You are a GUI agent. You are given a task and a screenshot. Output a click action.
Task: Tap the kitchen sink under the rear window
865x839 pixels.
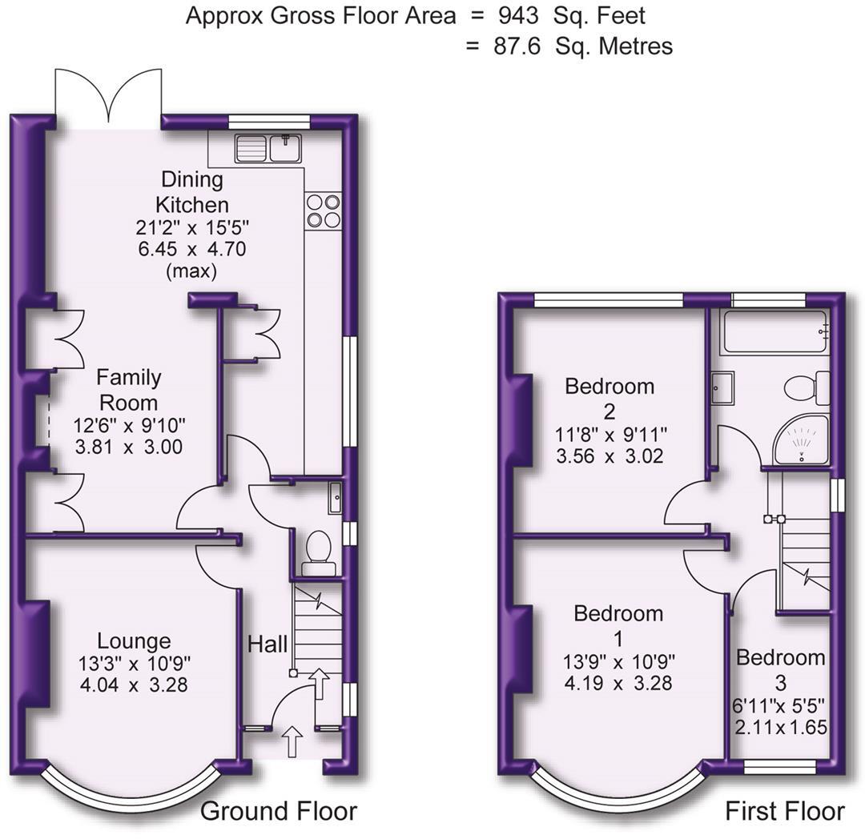click(268, 148)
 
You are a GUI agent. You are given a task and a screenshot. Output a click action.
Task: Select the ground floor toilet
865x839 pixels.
click(319, 549)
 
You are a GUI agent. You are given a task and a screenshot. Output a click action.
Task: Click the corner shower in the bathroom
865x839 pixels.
click(802, 440)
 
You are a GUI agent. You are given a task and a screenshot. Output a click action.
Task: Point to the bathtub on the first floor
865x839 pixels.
click(774, 332)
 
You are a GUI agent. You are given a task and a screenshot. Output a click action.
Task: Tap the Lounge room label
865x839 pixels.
click(134, 640)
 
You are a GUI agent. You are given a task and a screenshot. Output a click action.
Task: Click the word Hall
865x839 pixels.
click(268, 643)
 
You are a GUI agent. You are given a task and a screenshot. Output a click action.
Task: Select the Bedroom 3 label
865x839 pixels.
click(780, 670)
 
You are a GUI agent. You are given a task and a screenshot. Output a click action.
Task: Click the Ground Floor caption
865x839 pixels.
click(278, 811)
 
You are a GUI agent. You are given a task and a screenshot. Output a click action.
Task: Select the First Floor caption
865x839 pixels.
click(784, 811)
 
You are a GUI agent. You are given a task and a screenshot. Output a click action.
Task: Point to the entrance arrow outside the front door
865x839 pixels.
click(292, 741)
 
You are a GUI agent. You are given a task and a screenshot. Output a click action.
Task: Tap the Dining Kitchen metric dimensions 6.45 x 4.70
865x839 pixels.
click(191, 249)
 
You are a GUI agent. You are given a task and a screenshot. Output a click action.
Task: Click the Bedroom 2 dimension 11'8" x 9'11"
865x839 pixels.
click(610, 436)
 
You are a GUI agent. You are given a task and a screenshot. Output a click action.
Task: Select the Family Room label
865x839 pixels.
click(128, 389)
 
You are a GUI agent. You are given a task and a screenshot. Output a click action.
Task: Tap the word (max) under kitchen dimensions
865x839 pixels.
click(191, 271)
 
